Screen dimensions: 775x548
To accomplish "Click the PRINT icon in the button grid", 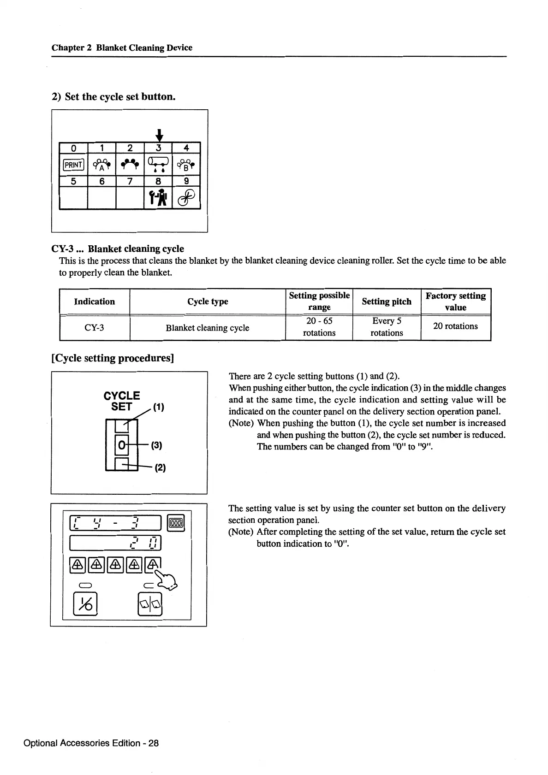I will point(73,165).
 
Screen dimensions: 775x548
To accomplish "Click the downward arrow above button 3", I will point(159,135).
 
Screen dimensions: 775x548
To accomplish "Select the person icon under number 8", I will point(157,198).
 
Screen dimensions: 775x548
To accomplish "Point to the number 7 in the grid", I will point(130,181).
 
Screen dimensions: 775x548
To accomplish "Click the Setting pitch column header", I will point(386,302).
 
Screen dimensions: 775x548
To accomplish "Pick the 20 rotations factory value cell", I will point(455,326).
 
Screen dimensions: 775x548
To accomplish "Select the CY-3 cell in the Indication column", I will point(94,328).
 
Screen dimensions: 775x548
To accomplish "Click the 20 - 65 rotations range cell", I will point(319,327).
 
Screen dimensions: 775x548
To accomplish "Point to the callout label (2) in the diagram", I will point(160,467).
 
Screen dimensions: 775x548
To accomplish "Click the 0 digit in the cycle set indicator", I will point(121,445).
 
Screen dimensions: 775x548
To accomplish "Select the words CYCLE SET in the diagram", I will point(122,401).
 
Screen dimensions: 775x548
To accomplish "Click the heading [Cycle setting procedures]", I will point(113,358).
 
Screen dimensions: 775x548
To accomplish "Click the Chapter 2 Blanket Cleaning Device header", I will point(122,47).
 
